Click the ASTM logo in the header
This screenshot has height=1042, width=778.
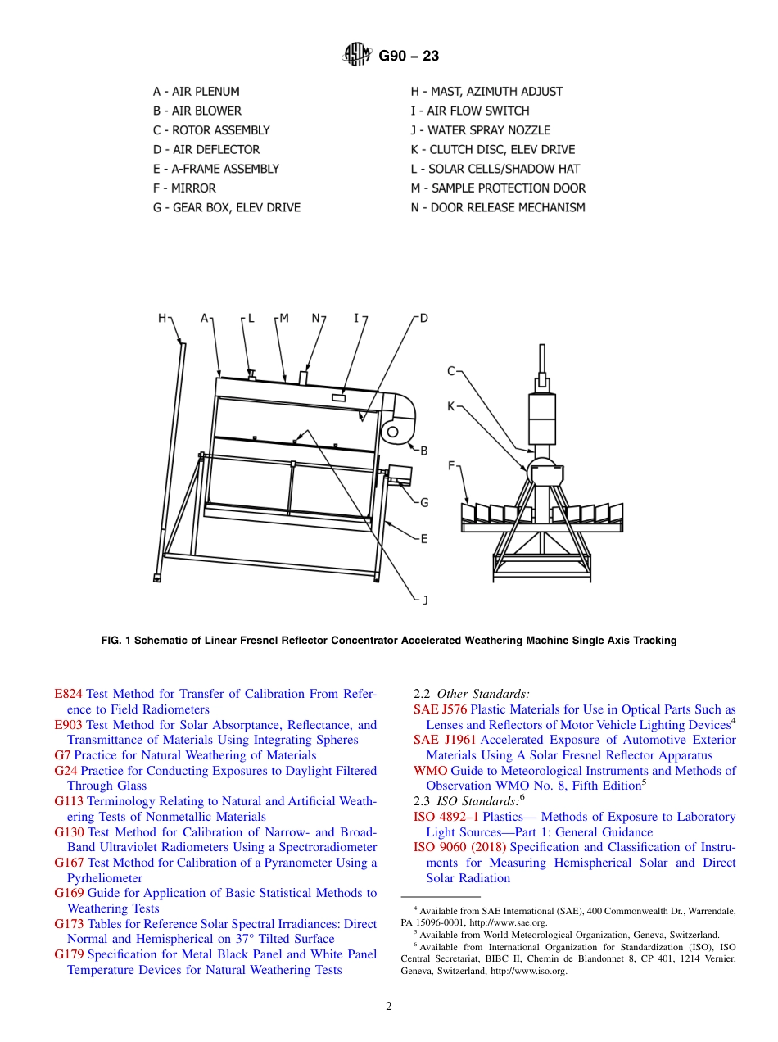click(x=357, y=56)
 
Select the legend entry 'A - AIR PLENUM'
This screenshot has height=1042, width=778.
click(x=196, y=92)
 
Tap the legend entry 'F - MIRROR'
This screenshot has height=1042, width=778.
click(x=183, y=188)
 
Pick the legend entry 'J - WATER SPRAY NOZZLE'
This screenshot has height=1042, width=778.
click(x=480, y=130)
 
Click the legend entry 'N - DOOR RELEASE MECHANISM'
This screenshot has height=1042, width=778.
click(x=497, y=208)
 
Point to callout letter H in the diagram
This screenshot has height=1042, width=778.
click(x=162, y=318)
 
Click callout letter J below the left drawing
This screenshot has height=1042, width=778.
click(x=424, y=600)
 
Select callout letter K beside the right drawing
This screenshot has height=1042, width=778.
click(x=450, y=405)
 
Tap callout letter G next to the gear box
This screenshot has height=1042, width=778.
click(x=424, y=503)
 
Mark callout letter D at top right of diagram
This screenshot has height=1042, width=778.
click(x=423, y=318)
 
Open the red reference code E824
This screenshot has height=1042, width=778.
click(x=68, y=694)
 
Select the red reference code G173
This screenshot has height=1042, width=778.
click(x=69, y=924)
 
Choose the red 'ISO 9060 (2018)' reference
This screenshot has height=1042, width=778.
click(x=460, y=847)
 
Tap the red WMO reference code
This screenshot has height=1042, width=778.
click(x=430, y=771)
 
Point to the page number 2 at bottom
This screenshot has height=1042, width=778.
click(x=389, y=1007)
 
